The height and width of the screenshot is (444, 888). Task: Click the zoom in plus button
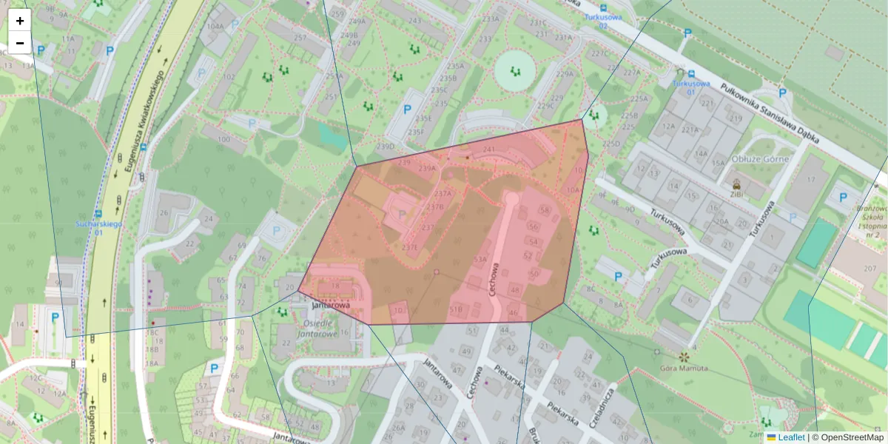pos(20,21)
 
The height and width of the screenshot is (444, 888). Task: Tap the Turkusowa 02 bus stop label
pos(602,21)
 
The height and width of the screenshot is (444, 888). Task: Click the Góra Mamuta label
pos(684,369)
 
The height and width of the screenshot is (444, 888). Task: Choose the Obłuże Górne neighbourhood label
pos(759,158)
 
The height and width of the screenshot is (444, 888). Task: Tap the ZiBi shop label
pos(736,194)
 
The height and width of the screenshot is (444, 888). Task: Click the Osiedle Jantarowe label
pos(317,329)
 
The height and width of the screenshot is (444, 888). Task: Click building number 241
pos(488,149)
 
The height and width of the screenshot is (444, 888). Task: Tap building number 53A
pos(480,259)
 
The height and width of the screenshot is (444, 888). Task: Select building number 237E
pos(409,247)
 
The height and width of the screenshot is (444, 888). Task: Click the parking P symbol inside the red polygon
pos(402,214)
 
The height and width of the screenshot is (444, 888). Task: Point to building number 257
pos(300,38)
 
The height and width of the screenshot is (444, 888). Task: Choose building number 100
pos(223,138)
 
